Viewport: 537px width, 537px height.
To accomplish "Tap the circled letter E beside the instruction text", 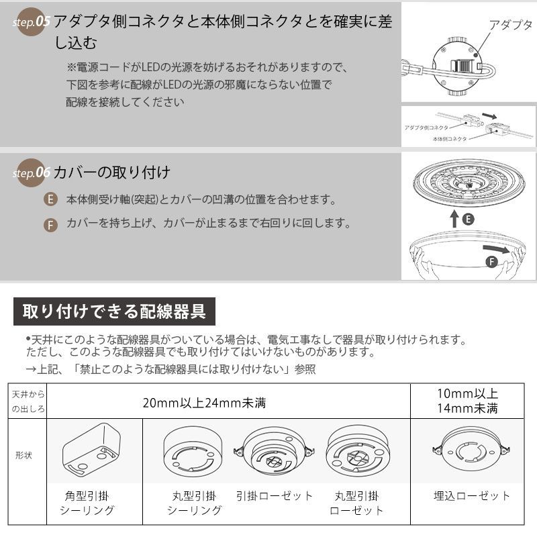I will (x=50, y=200).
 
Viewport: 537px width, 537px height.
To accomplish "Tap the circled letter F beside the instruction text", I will (x=50, y=224).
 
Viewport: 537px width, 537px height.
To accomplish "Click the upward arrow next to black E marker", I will (x=454, y=218).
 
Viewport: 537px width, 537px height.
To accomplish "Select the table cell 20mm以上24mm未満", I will (x=205, y=403).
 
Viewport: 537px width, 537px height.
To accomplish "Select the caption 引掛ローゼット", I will (x=275, y=496).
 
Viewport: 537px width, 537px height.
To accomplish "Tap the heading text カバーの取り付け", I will (x=111, y=173).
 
